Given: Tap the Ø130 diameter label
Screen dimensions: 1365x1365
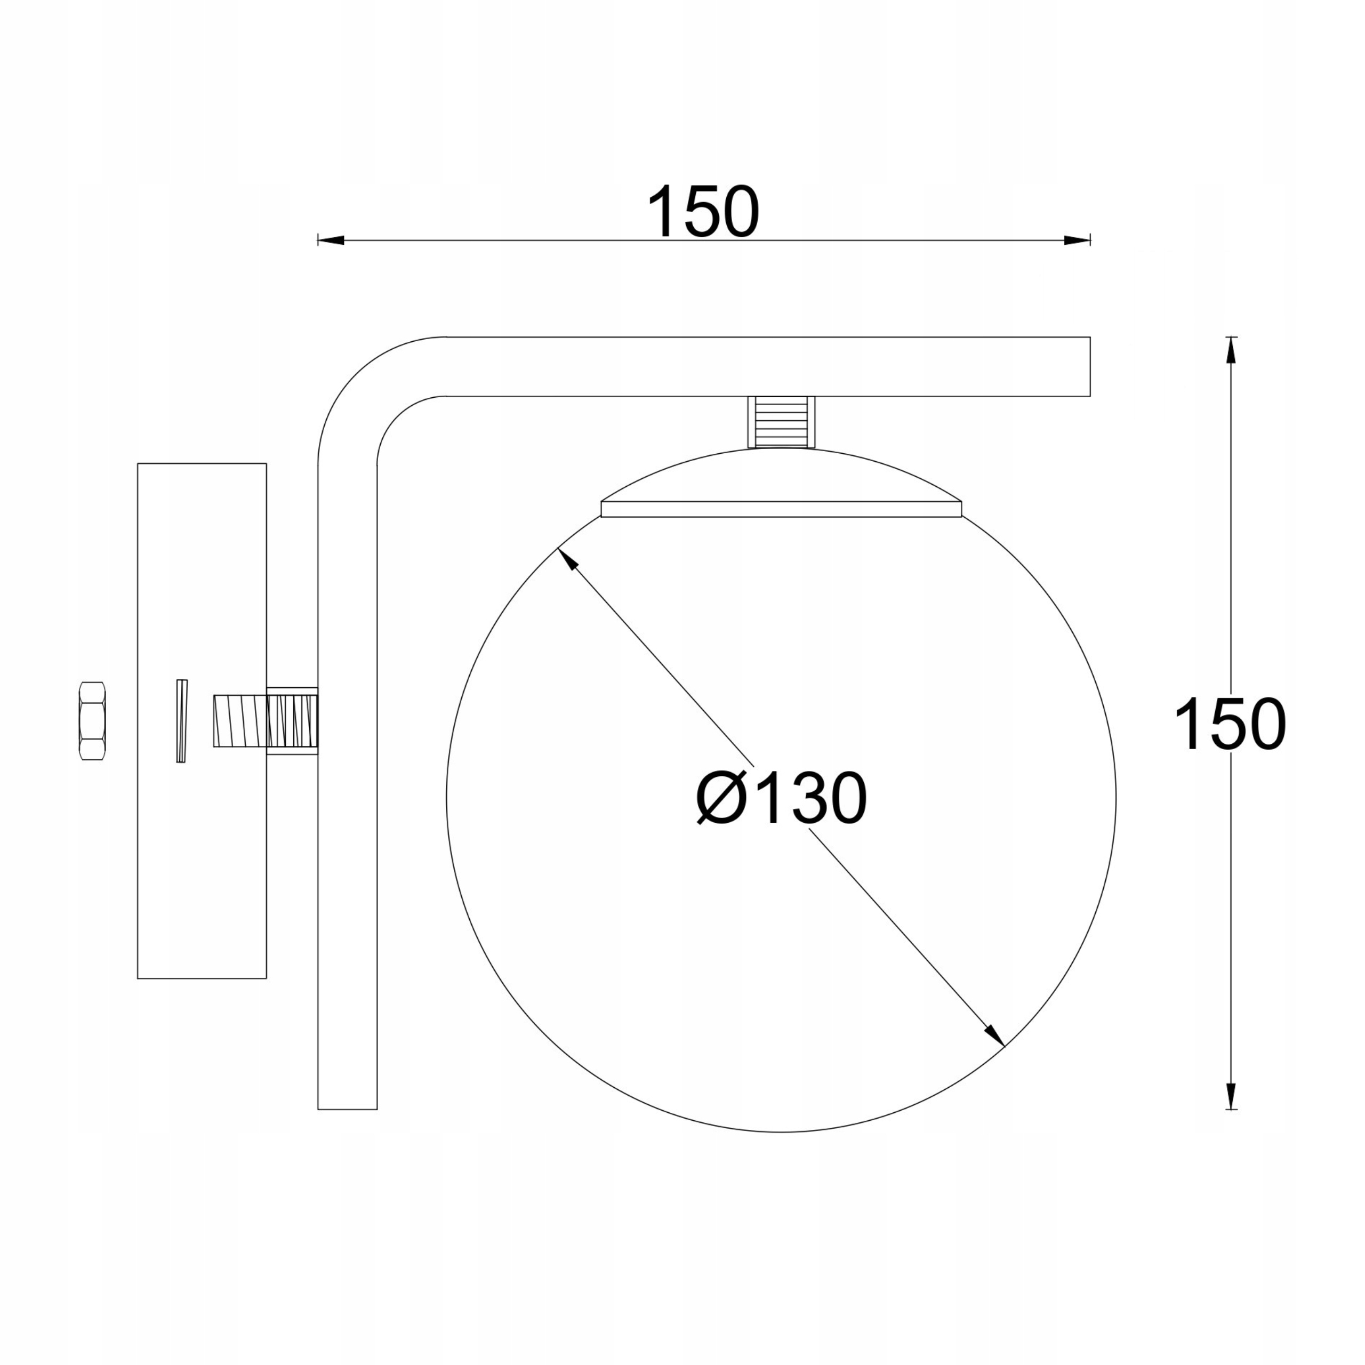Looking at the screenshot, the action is pos(782,798).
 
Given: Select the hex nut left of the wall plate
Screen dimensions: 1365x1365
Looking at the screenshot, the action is pos(93,721).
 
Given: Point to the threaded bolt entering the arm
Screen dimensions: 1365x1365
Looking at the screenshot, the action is pos(266,721).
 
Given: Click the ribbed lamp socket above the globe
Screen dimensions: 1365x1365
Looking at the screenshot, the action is pos(782,422).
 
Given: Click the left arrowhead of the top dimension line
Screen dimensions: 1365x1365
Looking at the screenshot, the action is pos(331,240).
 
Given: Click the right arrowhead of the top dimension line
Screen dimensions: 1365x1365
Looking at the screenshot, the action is pos(1078,240).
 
